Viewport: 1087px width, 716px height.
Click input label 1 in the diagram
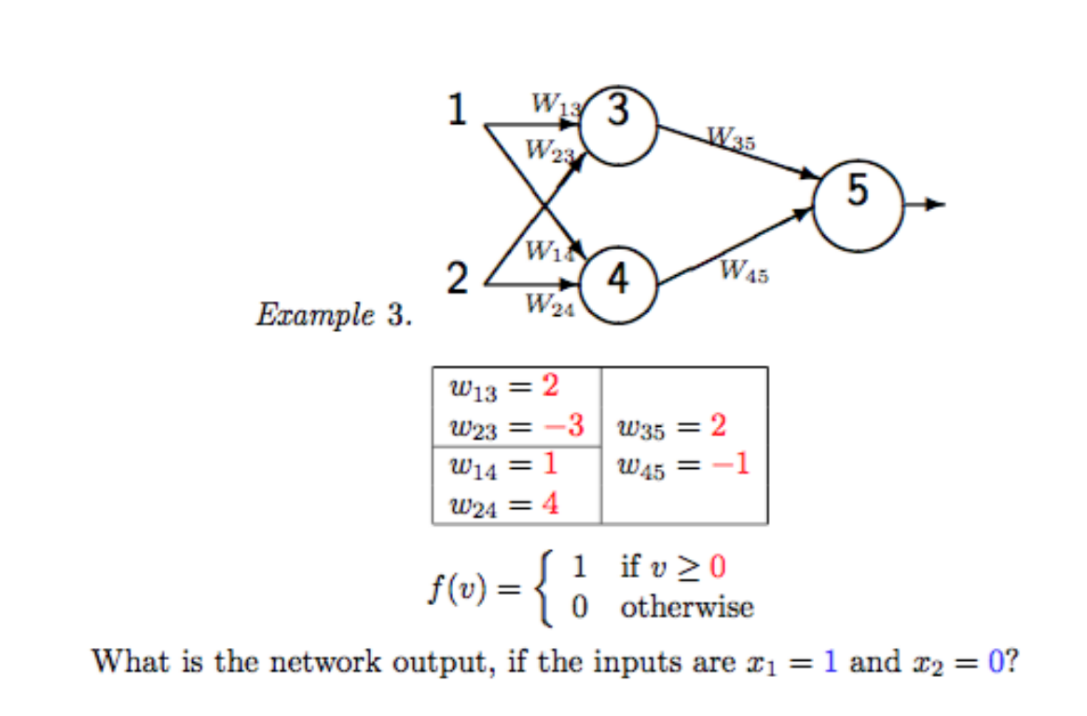pyautogui.click(x=457, y=110)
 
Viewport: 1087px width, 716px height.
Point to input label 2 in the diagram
pyautogui.click(x=457, y=278)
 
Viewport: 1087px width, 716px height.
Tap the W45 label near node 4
pyautogui.click(x=744, y=272)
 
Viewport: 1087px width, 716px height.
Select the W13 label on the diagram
pyautogui.click(x=554, y=103)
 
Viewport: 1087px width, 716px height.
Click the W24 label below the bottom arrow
pyautogui.click(x=549, y=304)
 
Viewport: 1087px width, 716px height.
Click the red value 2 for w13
pyautogui.click(x=551, y=385)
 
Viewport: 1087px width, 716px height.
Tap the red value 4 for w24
pyautogui.click(x=551, y=506)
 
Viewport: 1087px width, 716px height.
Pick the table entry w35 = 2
pyautogui.click(x=671, y=427)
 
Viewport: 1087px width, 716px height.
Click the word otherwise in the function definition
pyautogui.click(x=687, y=608)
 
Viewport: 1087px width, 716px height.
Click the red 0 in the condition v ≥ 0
pyautogui.click(x=718, y=565)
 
